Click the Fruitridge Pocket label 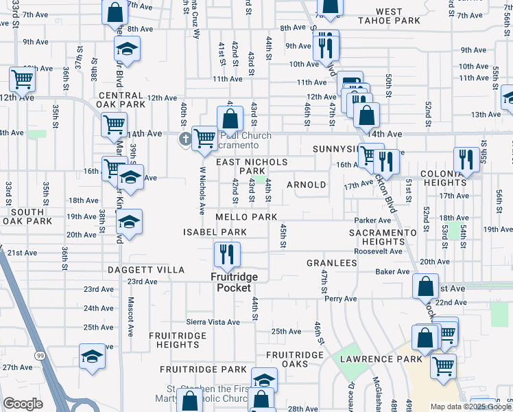[235, 282]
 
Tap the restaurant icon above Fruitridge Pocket [226, 255]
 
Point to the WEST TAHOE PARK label [389, 16]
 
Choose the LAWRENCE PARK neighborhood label [373, 358]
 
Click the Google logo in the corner [23, 404]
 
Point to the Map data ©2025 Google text [470, 407]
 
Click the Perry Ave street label [341, 299]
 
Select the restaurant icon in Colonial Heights [466, 160]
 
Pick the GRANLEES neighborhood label [331, 263]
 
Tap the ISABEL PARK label [214, 232]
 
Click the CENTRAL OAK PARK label [122, 100]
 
